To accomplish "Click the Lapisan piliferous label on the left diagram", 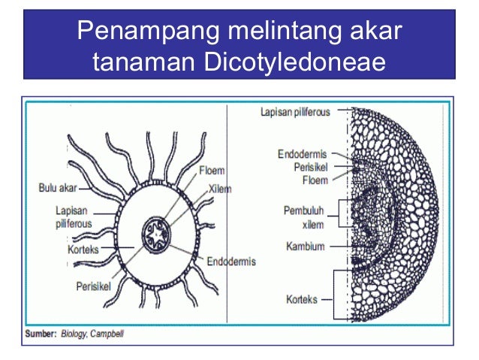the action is tap(70, 218).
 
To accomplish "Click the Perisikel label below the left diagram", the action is tap(95, 286).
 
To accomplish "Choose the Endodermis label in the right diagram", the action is tap(301, 155).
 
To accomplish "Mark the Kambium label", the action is tap(305, 246).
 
